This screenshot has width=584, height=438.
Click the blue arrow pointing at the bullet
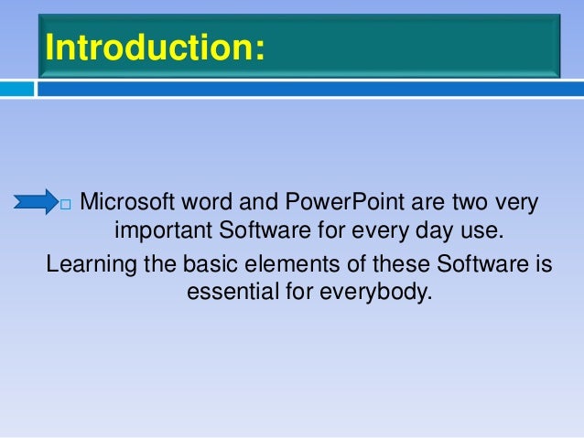click(x=36, y=201)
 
